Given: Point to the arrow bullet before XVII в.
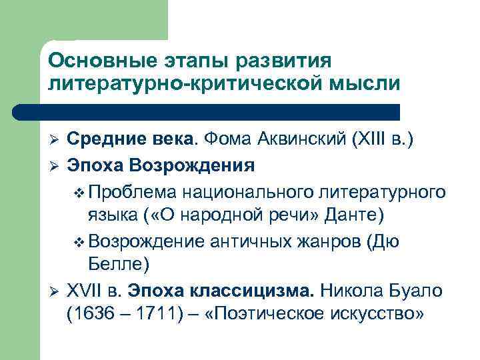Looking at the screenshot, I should (56, 289).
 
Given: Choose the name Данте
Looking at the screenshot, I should (354, 215).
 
